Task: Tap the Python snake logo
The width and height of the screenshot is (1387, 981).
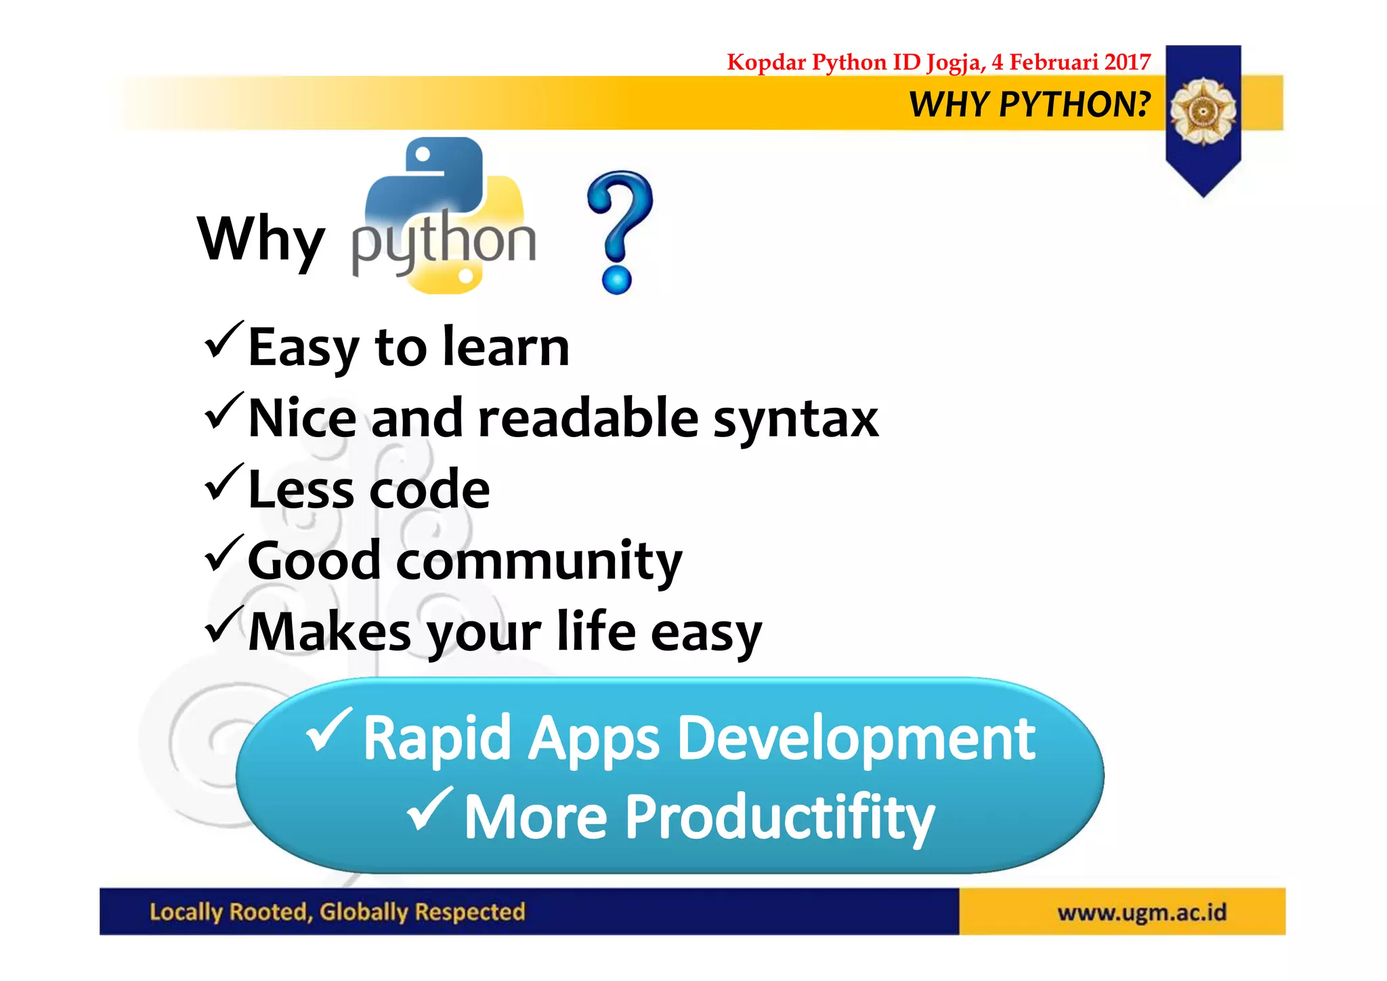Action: tap(444, 215)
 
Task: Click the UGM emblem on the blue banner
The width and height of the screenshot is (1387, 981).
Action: tap(1203, 111)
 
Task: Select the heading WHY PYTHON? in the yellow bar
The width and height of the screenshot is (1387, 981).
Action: tap(1029, 104)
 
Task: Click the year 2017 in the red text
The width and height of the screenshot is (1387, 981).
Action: tap(1127, 62)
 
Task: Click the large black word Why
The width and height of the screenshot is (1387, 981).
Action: tap(261, 239)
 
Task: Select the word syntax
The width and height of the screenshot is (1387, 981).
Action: tap(796, 419)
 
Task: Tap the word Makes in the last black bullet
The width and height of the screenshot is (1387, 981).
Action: tap(329, 632)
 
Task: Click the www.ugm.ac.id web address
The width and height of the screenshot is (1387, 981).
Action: tap(1142, 913)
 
